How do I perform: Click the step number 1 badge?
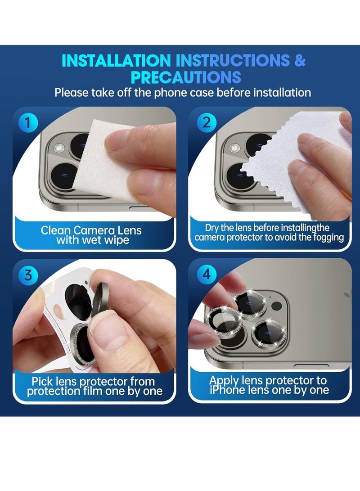[29, 123]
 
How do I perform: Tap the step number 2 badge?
[207, 123]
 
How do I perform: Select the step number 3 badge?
[28, 275]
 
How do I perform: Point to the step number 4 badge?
[207, 275]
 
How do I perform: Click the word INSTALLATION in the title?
[116, 61]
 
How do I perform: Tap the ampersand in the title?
[300, 61]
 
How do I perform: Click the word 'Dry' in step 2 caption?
[213, 228]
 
